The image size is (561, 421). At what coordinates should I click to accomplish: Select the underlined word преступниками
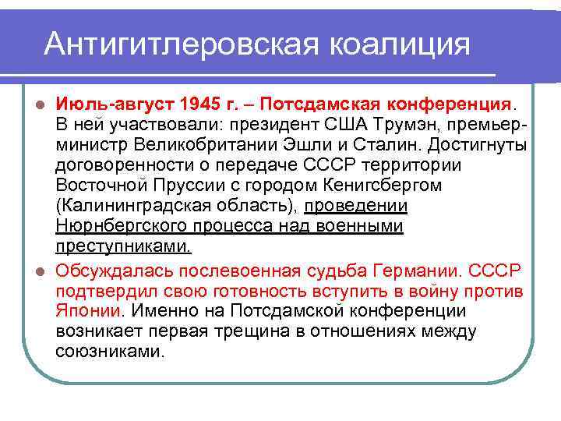pos(122,247)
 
